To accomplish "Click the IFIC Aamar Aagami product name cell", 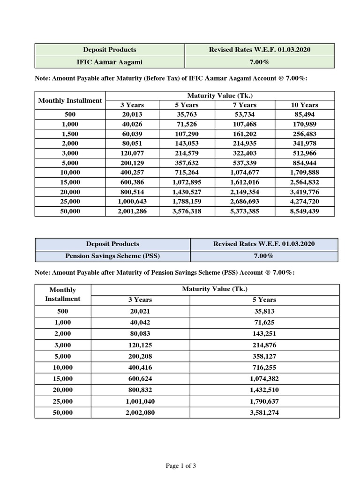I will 110,62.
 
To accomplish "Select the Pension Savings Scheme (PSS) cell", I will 112,256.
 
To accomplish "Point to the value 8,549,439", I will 305,211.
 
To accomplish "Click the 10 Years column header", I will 305,105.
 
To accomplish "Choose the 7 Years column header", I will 244,105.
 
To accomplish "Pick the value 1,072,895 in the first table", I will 187,182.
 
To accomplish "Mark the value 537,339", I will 244,163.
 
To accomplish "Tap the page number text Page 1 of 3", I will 181,465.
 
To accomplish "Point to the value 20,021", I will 140,311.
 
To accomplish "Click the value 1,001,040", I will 140,402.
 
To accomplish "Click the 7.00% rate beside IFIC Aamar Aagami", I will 260,62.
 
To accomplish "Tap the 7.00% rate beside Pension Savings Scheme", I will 263,256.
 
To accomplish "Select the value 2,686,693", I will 244,202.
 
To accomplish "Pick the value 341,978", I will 305,143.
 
